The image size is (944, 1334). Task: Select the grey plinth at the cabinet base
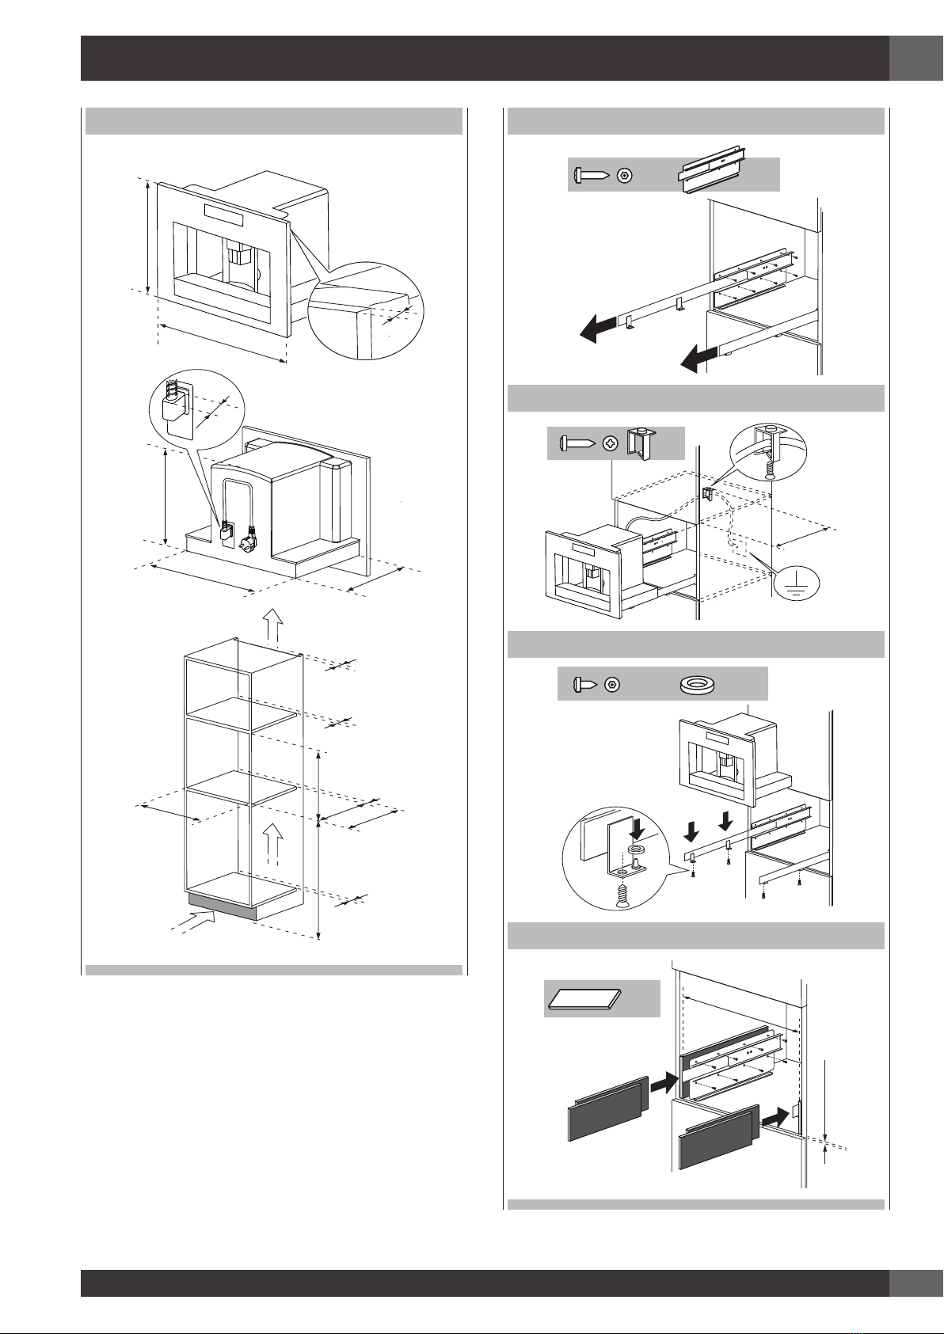coord(222,906)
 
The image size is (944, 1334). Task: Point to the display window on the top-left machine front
coord(227,213)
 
